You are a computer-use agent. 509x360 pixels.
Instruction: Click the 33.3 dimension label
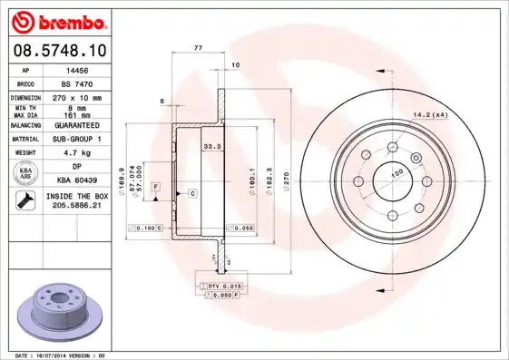(211, 146)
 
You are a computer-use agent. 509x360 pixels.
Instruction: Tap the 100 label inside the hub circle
(396, 173)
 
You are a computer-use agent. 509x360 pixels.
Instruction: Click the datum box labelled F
(155, 186)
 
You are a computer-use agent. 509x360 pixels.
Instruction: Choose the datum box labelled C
(193, 193)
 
